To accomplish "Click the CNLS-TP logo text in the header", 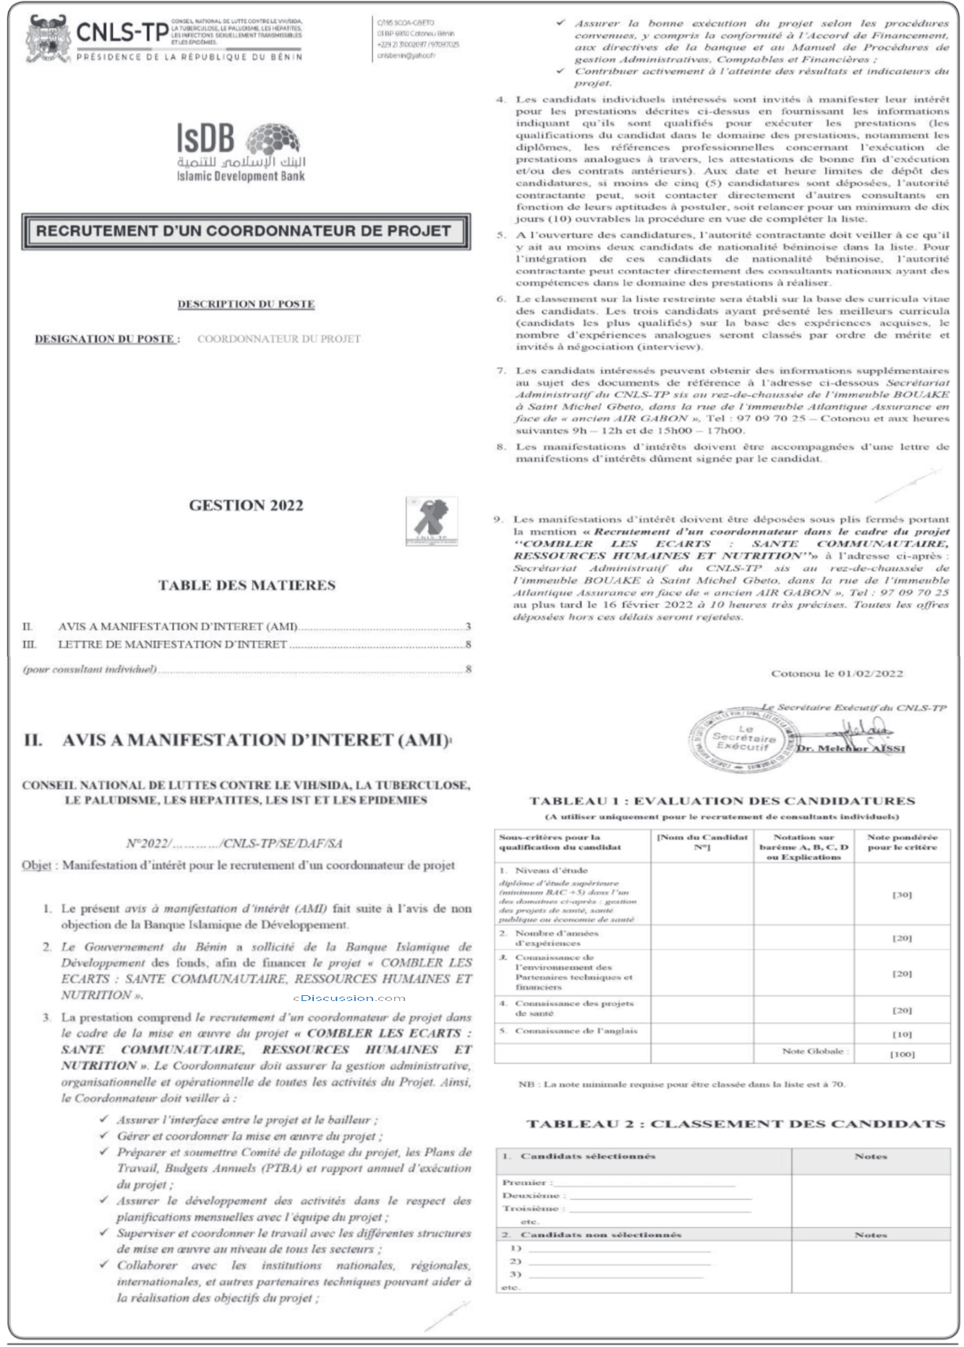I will (121, 33).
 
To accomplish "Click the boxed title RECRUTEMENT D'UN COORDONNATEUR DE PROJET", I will (244, 232).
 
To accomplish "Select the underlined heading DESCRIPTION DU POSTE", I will (246, 304).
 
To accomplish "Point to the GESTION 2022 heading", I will (246, 505).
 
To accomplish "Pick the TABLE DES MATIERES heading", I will (247, 585).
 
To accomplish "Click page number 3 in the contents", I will (468, 627).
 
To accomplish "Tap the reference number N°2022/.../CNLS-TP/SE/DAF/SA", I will (234, 843).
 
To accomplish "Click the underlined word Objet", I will (36, 865).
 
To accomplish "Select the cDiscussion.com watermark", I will (349, 997).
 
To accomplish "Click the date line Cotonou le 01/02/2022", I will (837, 674).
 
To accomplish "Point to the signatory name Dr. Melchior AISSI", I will (850, 748).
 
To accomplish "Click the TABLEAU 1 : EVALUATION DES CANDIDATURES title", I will (722, 801).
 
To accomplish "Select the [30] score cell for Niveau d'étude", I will (901, 895).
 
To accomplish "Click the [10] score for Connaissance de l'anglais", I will (901, 1034).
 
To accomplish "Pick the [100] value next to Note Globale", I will (901, 1054).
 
